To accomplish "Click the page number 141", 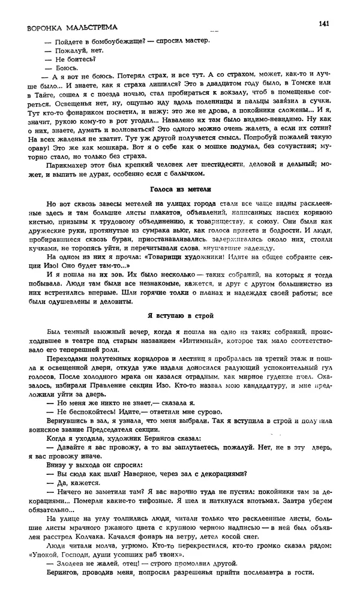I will click(324, 23).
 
